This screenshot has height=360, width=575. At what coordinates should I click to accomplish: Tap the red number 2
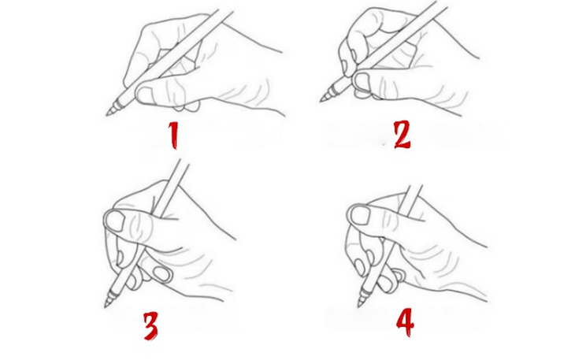[x=402, y=134]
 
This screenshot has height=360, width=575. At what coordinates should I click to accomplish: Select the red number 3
[x=152, y=325]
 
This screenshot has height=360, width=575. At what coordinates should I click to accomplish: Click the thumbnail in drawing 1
[x=147, y=95]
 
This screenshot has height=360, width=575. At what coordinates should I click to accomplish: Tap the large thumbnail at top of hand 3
[x=115, y=221]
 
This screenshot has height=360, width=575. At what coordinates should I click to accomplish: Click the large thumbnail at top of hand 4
[x=361, y=213]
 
